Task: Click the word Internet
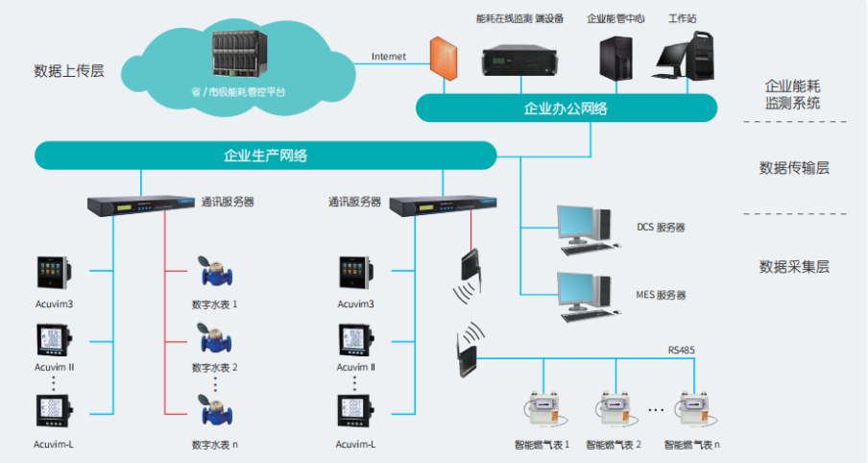(x=389, y=57)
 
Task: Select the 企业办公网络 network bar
(x=566, y=108)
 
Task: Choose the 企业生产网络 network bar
(x=265, y=155)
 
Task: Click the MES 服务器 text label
(x=661, y=295)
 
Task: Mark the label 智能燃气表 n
(x=691, y=445)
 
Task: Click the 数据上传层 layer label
(x=69, y=70)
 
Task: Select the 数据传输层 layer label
(x=793, y=167)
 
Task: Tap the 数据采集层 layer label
(x=793, y=266)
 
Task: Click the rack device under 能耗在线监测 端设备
(x=519, y=61)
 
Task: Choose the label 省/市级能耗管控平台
(x=238, y=92)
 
